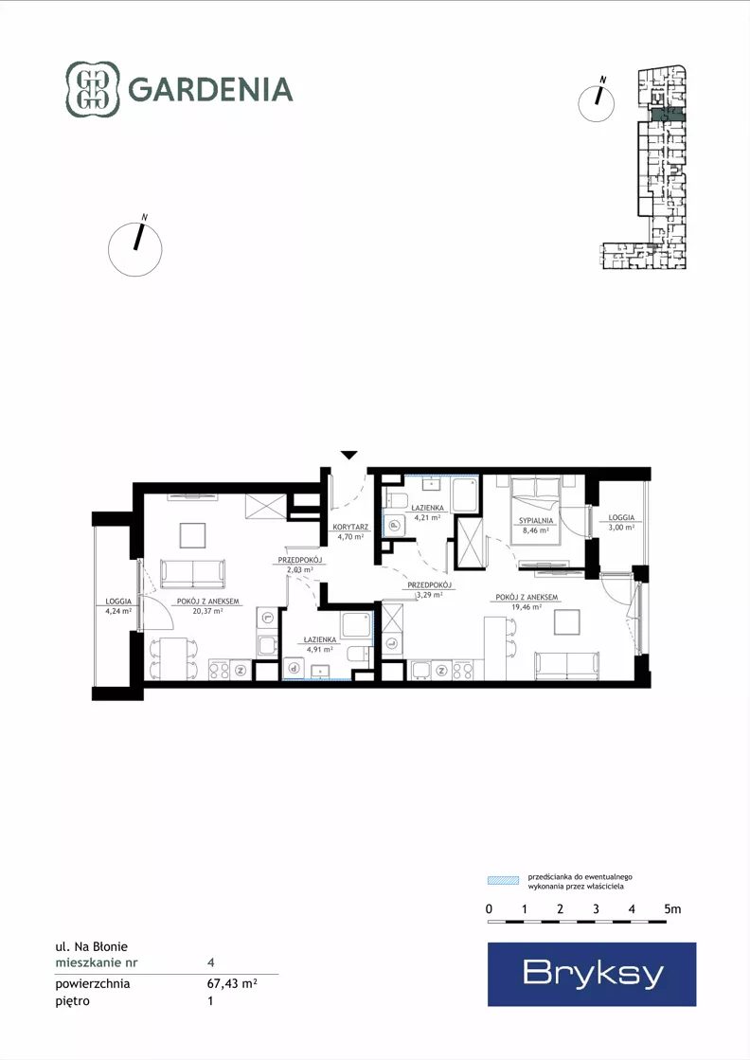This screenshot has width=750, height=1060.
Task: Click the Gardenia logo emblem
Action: click(92, 89)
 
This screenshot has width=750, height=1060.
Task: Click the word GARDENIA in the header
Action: click(210, 90)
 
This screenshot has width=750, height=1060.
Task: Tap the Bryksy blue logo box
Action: click(592, 974)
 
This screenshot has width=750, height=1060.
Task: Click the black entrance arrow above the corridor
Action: click(348, 455)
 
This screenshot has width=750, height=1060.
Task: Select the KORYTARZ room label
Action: click(350, 527)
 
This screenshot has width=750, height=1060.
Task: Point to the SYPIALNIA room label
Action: click(536, 521)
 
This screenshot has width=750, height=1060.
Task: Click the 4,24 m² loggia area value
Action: click(118, 610)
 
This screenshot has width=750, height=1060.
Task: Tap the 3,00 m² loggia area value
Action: click(621, 528)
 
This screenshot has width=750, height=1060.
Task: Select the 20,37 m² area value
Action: click(208, 610)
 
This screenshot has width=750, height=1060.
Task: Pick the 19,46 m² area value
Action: click(527, 606)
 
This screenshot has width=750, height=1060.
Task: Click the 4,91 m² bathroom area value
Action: click(319, 649)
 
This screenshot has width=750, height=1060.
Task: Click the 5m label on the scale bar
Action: click(672, 908)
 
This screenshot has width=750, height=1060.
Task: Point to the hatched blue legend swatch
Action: click(503, 880)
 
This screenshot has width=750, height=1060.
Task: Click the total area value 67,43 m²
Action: click(232, 983)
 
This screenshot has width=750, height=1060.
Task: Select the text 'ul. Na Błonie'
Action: click(91, 946)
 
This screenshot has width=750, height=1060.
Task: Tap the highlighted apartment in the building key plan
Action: click(668, 115)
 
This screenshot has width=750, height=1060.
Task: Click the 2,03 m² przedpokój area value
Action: click(300, 569)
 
